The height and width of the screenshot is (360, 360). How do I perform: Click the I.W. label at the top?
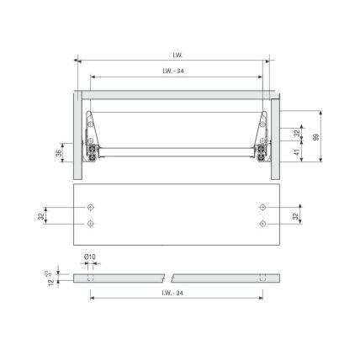(177, 56)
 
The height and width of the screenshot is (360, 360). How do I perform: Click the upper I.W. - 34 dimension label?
(173, 71)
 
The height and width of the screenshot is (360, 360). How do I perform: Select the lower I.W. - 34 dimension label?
(172, 293)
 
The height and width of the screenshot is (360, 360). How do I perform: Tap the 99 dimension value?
(316, 137)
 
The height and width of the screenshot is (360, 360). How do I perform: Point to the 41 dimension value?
(297, 152)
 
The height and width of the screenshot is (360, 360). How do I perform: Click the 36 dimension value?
(59, 153)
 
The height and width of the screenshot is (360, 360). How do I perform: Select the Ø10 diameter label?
(90, 257)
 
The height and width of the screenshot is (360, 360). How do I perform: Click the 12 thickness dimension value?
(51, 282)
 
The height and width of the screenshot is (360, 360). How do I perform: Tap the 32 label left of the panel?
(41, 216)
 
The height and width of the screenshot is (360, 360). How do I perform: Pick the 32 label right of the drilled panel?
(295, 216)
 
